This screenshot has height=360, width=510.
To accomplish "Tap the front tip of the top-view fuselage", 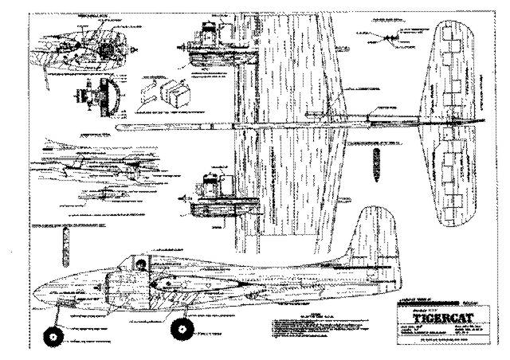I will point(117,127).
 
